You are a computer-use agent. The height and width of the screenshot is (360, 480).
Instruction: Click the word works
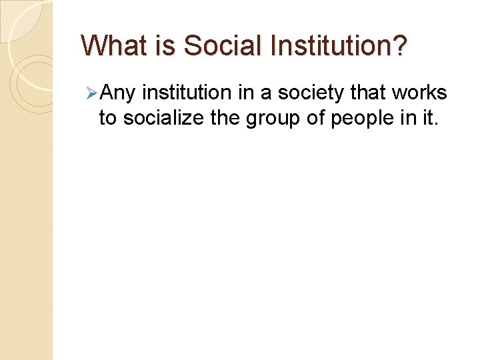point(422,94)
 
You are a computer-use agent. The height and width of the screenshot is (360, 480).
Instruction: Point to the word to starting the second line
point(107,118)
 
